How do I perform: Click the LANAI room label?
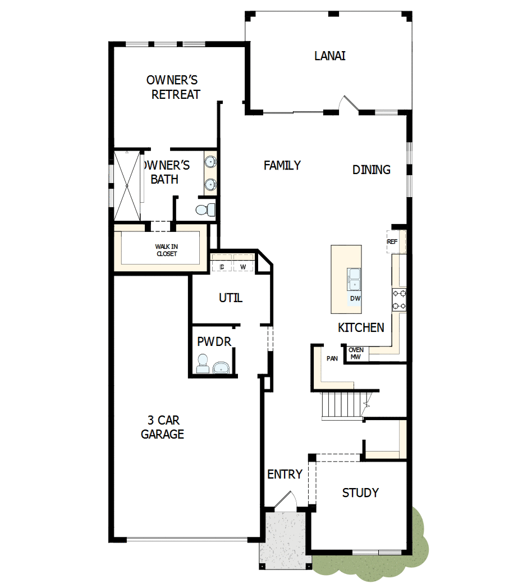(329, 56)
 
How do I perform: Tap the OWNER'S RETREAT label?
(173, 87)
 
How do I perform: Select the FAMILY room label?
(282, 165)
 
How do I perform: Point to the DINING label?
(372, 170)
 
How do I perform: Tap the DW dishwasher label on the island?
(355, 298)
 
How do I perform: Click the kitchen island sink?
(354, 279)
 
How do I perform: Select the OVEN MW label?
(356, 353)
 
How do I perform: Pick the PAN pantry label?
(332, 358)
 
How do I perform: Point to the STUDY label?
(360, 493)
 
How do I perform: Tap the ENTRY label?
(285, 475)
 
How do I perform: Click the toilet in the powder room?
(202, 364)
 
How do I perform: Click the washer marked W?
(243, 267)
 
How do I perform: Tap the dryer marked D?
(222, 267)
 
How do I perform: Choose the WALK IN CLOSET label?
(166, 250)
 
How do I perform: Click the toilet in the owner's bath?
(204, 209)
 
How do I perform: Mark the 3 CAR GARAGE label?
(162, 427)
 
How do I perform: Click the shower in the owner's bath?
(127, 185)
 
